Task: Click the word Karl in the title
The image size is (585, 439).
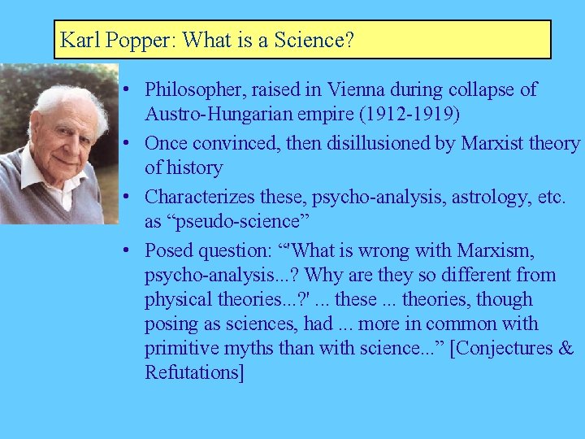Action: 76,40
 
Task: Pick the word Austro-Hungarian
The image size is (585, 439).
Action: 216,115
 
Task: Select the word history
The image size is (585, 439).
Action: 194,167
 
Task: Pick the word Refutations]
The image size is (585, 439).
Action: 193,373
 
